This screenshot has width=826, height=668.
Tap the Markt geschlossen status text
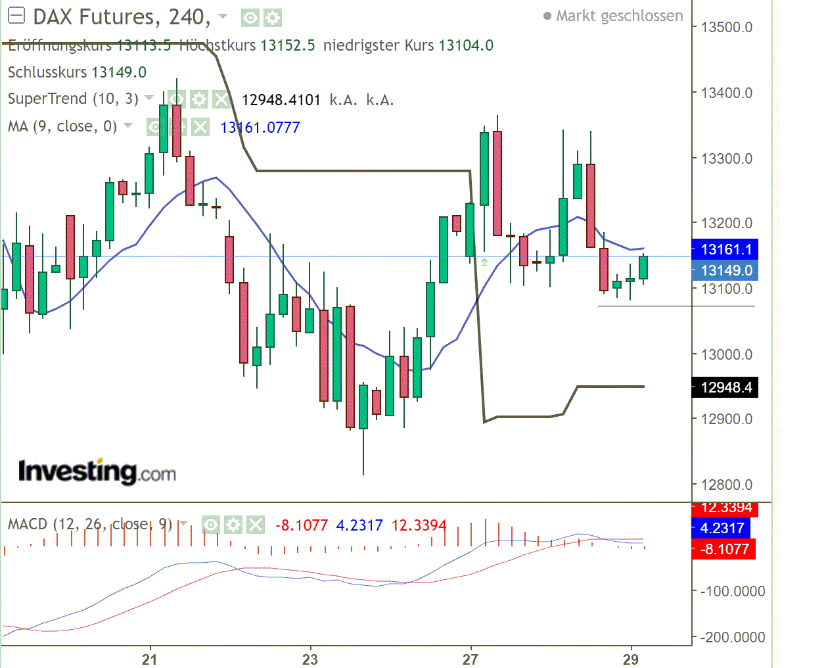[x=619, y=16]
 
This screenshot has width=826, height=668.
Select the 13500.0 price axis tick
[x=726, y=27]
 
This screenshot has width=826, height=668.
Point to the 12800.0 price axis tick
[x=726, y=485]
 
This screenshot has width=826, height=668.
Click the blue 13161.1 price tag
[x=725, y=249]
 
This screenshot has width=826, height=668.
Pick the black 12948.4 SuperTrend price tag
[x=725, y=387]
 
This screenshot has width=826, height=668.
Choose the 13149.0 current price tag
[x=725, y=270]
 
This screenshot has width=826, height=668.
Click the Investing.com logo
[x=97, y=471]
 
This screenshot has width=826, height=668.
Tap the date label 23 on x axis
[x=310, y=659]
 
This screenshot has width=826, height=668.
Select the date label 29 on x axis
[x=630, y=659]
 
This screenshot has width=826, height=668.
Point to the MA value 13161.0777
[x=260, y=128]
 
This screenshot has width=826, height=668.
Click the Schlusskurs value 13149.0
[x=119, y=72]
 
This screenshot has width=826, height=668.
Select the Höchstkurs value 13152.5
[x=287, y=45]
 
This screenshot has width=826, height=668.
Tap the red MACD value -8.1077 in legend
[x=302, y=525]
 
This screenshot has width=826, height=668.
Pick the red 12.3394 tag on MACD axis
[x=725, y=508]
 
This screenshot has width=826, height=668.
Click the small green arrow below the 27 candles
[x=484, y=262]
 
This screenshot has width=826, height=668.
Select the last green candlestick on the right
[x=643, y=268]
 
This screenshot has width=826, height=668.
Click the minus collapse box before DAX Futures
[x=16, y=16]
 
